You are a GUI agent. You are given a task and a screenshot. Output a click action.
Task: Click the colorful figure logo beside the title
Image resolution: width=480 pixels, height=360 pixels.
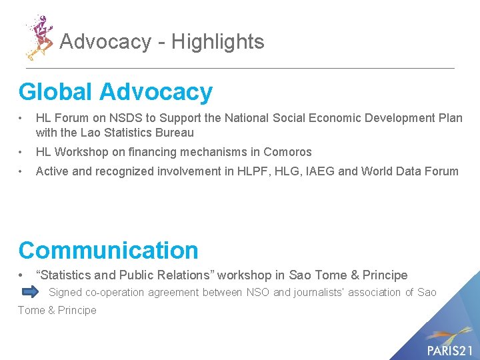point(39,37)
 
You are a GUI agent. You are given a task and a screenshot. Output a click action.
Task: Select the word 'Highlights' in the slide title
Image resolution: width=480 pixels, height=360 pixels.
point(218,42)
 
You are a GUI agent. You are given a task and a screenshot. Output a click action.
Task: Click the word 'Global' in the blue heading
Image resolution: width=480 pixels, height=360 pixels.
point(55,92)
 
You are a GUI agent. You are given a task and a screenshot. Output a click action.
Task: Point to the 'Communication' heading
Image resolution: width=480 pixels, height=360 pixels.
point(109,250)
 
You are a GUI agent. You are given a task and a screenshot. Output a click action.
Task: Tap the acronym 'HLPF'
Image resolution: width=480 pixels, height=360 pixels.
point(259,171)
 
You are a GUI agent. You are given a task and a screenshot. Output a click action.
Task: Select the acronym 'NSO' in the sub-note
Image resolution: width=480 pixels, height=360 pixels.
point(258,292)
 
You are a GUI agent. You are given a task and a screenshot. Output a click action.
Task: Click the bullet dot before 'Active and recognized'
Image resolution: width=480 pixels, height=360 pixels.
point(23,172)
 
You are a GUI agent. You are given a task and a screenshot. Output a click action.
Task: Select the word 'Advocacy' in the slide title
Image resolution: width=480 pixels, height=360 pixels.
point(105,42)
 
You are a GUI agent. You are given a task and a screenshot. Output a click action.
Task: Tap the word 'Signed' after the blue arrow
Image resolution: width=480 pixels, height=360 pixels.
point(65,292)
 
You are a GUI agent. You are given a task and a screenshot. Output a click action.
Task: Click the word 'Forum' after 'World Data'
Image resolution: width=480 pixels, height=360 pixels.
point(441,171)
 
